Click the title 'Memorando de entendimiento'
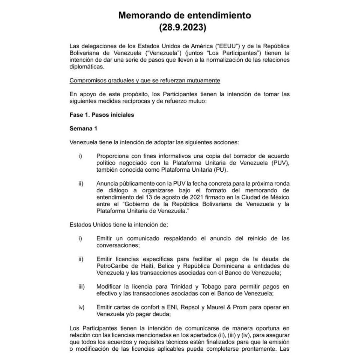coord(180,15)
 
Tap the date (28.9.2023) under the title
coord(180,27)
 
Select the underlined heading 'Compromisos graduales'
coord(145,81)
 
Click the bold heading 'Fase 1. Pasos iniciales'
coord(102,115)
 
